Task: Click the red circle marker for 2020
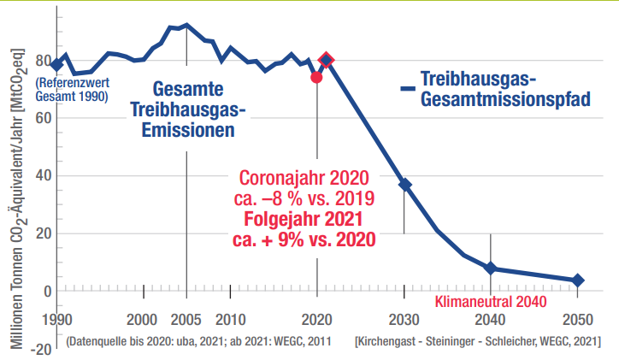(316, 77)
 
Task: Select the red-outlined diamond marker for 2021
(326, 61)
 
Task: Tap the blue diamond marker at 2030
(405, 185)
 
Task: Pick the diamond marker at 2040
(490, 268)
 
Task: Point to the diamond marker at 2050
(578, 280)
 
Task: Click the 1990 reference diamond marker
(57, 65)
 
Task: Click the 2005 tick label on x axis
(186, 320)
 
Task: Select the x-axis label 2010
(230, 320)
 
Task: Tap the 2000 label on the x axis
(143, 320)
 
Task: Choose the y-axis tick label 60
(43, 119)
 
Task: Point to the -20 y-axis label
(39, 348)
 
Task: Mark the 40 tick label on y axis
(43, 176)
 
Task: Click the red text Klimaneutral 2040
(490, 302)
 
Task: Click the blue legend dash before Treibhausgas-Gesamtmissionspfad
(408, 87)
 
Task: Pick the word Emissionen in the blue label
(189, 130)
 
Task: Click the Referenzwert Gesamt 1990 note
(71, 91)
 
